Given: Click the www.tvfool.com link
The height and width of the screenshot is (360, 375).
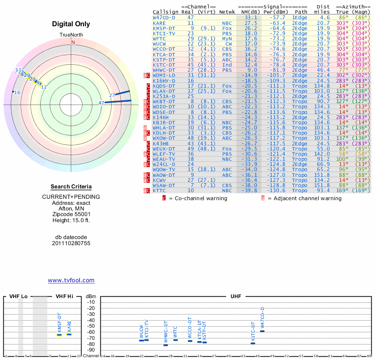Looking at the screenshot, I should click(71, 280).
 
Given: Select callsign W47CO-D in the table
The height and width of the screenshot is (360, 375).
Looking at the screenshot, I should click(164, 17).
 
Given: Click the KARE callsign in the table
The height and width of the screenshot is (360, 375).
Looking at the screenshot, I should click(159, 22).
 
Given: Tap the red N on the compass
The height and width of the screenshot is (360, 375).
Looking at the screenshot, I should click(73, 42).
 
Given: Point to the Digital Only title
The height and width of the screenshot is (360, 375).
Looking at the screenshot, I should click(71, 24).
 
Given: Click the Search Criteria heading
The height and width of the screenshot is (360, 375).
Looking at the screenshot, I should click(71, 187).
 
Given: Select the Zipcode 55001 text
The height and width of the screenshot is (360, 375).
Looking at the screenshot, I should click(71, 213).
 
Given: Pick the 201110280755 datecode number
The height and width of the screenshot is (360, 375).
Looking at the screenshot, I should click(71, 243).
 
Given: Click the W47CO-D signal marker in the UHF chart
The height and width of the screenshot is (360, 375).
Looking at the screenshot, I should click(262, 331).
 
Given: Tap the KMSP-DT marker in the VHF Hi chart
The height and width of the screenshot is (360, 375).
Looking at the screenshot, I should click(60, 335).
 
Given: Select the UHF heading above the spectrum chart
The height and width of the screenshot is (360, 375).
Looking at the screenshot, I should click(236, 296).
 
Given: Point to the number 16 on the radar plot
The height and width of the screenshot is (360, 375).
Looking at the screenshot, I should click(17, 92).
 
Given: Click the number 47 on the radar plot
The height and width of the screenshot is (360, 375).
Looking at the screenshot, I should click(101, 103).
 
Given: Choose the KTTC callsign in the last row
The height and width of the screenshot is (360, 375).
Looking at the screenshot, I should click(159, 190).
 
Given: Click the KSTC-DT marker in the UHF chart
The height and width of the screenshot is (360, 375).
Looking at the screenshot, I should click(253, 343).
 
